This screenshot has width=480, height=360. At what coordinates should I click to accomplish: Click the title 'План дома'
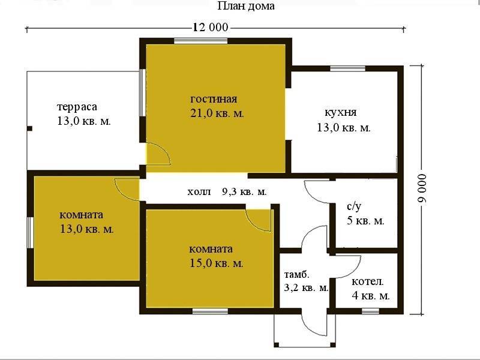(x=246, y=6)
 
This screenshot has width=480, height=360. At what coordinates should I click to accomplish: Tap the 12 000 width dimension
(x=211, y=28)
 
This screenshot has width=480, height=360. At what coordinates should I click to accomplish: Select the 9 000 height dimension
(x=422, y=188)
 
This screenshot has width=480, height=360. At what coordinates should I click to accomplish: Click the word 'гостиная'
(x=214, y=99)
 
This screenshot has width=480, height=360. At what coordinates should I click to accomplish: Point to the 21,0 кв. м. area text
(x=217, y=113)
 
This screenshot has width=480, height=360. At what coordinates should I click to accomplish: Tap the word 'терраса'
(x=77, y=107)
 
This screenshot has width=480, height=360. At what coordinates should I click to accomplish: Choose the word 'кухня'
(x=340, y=112)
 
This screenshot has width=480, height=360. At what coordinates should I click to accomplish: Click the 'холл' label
(x=199, y=192)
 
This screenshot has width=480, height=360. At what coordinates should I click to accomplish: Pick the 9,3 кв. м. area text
(x=244, y=192)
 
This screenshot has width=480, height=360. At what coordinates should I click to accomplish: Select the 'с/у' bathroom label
(x=354, y=206)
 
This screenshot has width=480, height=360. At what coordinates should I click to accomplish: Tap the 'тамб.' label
(x=296, y=275)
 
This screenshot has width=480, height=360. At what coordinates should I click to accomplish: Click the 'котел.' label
(x=367, y=281)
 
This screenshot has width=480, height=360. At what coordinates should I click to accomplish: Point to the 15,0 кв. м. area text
(x=217, y=263)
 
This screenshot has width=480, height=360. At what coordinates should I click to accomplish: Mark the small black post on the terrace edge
(x=29, y=128)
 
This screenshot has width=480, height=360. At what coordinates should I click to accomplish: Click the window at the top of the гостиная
(x=201, y=41)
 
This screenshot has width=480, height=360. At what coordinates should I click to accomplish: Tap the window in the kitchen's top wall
(x=348, y=68)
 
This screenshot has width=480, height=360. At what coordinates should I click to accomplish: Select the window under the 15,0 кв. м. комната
(x=210, y=311)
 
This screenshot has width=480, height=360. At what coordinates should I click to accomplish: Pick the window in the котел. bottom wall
(x=370, y=311)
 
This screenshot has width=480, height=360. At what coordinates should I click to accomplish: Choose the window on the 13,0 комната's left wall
(x=30, y=233)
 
